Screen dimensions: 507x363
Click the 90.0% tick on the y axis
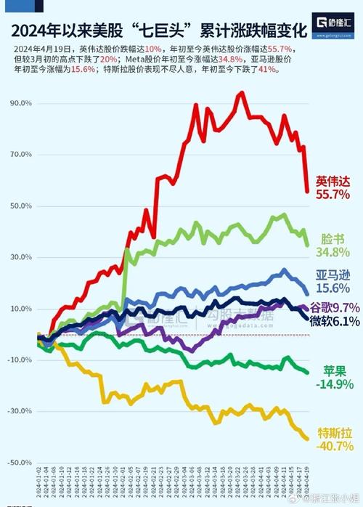20,103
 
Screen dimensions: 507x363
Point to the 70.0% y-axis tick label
20,155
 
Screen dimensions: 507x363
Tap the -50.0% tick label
18,463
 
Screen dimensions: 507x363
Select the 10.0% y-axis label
20,309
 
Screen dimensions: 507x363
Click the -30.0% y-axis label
18,411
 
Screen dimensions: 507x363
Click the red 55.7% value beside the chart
333,195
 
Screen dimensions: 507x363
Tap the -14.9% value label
334,384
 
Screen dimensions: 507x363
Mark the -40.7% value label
334,446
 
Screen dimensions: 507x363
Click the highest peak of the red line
240,93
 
